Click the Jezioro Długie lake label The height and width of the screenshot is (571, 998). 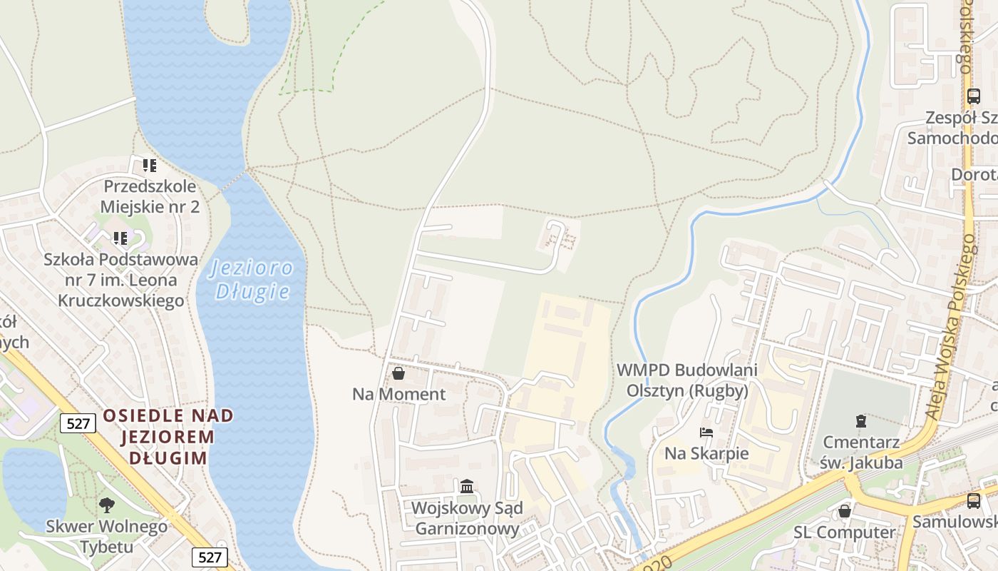(252, 279)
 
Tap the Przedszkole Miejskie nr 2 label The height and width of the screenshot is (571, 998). (150, 196)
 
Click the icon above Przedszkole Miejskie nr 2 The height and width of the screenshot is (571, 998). (149, 166)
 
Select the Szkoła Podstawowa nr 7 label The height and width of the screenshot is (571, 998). (120, 280)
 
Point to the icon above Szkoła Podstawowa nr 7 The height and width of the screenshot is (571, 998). (120, 238)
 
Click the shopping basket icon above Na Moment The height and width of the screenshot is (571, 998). (398, 373)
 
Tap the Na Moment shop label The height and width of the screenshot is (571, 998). (398, 394)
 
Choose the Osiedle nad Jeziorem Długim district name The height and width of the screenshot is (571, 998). (168, 436)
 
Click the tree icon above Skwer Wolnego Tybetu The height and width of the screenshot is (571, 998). (107, 505)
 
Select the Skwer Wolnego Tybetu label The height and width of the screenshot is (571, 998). (107, 537)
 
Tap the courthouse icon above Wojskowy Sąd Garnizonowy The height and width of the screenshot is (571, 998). (467, 487)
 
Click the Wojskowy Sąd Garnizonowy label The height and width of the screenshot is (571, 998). (467, 519)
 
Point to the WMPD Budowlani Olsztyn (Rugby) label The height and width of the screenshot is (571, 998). (687, 380)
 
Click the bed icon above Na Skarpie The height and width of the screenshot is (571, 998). (706, 433)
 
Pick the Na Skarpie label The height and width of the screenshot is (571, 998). (706, 453)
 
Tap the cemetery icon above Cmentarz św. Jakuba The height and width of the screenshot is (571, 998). (861, 421)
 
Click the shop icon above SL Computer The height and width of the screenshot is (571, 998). (845, 511)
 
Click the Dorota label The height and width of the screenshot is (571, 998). (974, 175)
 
